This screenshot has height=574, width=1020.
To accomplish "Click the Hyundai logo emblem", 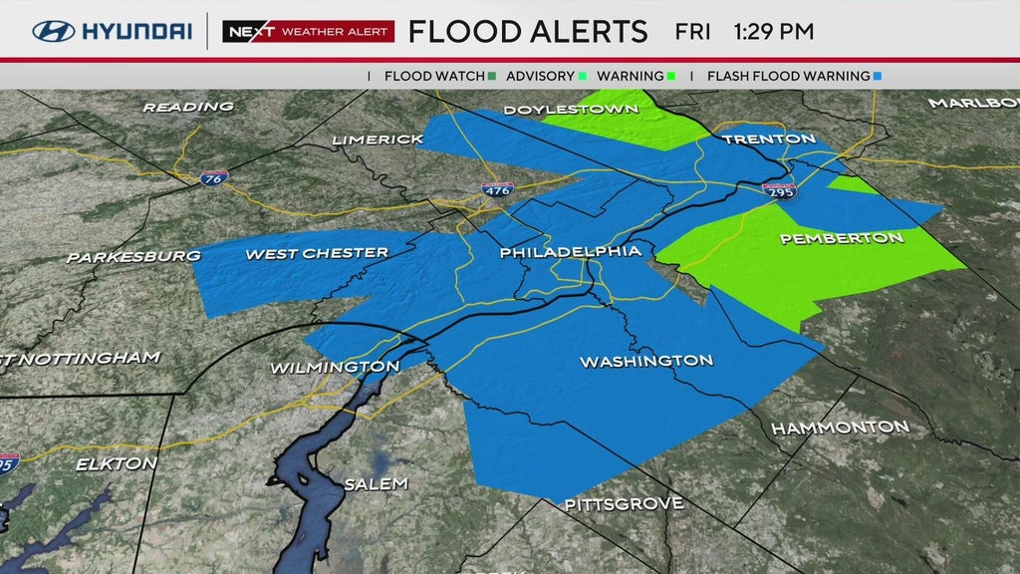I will [54, 31].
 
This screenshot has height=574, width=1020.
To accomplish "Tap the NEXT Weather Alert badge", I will [308, 31].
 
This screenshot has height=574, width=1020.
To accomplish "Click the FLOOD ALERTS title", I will [528, 31].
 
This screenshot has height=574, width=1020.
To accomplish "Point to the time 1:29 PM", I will [773, 31].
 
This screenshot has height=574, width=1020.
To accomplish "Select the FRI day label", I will [692, 31].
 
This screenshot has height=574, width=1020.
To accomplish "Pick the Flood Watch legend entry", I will [439, 76].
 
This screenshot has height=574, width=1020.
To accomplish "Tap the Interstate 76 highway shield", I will [213, 177].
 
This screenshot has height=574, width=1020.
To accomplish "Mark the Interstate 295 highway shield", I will [778, 189].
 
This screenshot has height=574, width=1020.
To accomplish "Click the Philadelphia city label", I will [570, 252].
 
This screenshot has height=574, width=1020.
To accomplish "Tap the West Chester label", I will [317, 254].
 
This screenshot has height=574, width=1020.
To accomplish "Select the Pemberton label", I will [842, 238].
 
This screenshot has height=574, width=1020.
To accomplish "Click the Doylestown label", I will [570, 109].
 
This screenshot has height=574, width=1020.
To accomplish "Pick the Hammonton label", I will [840, 427].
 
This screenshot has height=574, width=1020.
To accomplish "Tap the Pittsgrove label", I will [624, 504].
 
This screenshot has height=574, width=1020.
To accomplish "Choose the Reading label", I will [188, 106].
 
